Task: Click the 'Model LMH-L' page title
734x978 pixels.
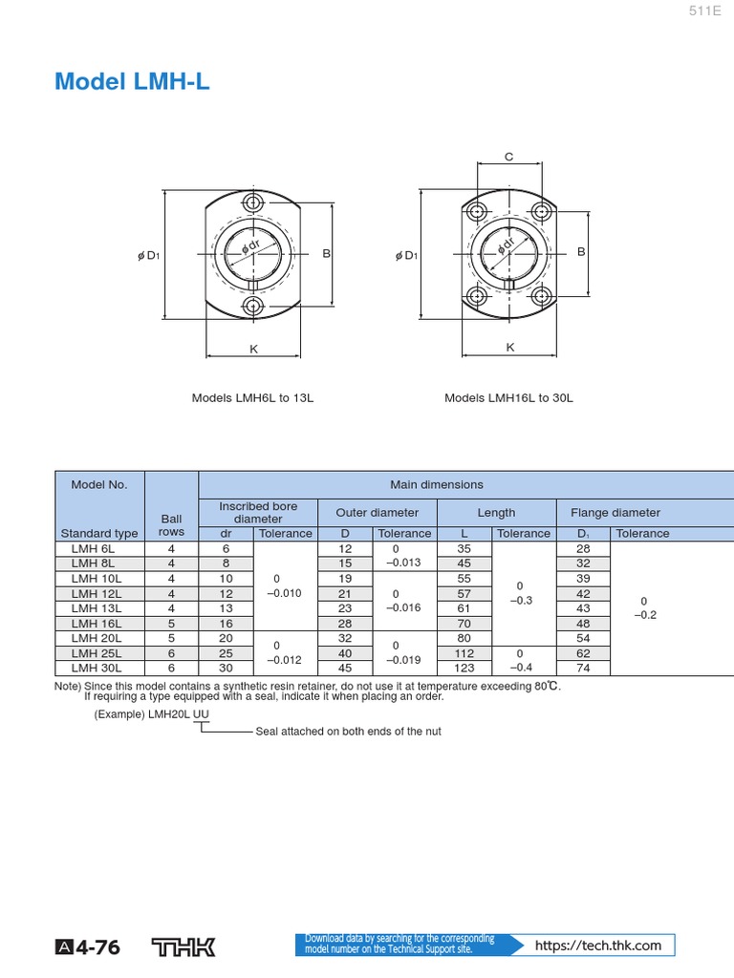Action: click(x=132, y=82)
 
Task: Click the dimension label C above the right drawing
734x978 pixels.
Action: click(x=508, y=157)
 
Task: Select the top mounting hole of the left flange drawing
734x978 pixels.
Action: click(x=253, y=202)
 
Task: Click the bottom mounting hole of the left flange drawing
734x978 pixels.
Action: click(x=253, y=306)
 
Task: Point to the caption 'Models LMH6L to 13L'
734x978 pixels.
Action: click(x=252, y=397)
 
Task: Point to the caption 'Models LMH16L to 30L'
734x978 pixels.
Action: click(x=508, y=397)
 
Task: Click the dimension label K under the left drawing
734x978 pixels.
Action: click(x=254, y=350)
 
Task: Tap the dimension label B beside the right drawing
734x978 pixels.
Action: click(x=580, y=251)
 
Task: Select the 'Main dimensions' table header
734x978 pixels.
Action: click(x=437, y=484)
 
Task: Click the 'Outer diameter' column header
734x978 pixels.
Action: click(x=378, y=513)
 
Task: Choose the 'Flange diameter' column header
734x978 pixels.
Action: click(x=615, y=513)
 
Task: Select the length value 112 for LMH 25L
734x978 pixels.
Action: click(x=464, y=653)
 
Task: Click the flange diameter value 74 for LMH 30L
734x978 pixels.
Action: click(x=583, y=669)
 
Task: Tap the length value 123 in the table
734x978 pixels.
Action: click(x=464, y=669)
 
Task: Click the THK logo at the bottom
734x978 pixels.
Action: click(x=184, y=946)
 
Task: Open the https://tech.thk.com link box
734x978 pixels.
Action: click(x=597, y=946)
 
